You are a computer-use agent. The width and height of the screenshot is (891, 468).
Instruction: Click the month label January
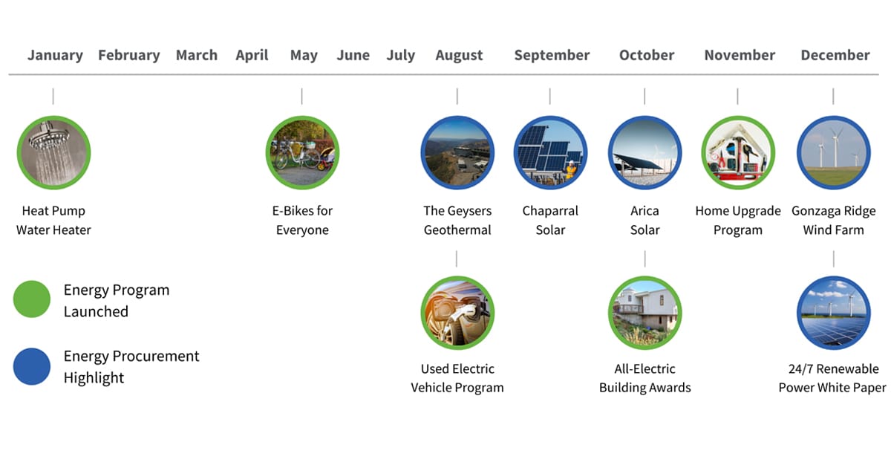(55, 55)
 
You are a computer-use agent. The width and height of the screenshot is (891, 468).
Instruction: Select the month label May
(304, 55)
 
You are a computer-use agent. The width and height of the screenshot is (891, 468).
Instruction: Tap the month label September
(552, 55)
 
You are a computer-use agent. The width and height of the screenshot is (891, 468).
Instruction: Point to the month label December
(835, 55)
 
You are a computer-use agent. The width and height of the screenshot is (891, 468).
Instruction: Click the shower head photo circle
(53, 152)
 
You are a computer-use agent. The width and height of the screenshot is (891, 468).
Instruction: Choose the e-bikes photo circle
(302, 152)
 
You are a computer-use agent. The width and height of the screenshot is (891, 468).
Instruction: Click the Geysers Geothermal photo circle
(457, 152)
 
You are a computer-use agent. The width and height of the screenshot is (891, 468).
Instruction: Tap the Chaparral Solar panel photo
(550, 152)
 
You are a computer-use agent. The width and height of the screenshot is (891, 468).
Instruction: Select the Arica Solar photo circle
(644, 152)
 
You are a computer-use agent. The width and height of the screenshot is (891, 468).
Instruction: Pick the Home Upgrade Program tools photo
(738, 152)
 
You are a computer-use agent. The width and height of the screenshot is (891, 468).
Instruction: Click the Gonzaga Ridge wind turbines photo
(834, 152)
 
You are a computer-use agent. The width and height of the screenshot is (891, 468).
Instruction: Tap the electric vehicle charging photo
(457, 313)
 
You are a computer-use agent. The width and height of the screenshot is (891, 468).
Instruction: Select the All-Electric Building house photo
(644, 313)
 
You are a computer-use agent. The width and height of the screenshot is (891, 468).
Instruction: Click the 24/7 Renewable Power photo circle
(834, 313)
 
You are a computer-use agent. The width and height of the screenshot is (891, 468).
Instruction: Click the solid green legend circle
(32, 299)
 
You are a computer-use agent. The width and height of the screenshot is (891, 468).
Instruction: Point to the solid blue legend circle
(32, 366)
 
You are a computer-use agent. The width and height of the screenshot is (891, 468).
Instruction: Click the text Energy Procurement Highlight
(131, 366)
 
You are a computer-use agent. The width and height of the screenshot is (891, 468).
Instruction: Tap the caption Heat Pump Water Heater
(53, 220)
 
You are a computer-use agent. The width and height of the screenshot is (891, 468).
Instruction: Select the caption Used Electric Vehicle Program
(457, 378)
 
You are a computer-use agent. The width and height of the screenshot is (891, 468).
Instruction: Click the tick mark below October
(644, 97)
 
